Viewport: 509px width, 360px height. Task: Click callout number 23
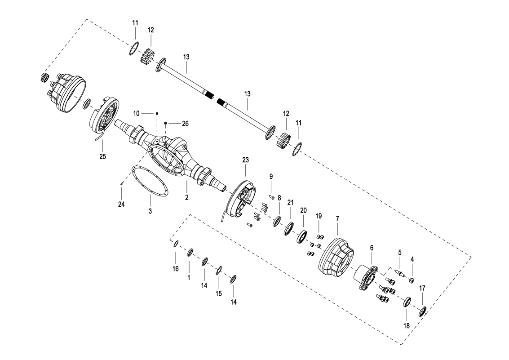coord(245,160)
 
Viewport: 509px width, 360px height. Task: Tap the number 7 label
coord(337,218)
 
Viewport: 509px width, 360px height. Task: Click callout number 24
coord(121,204)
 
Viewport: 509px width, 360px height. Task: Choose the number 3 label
coord(150,211)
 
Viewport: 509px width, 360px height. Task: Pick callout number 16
coord(176,269)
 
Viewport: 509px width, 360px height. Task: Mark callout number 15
coord(219,293)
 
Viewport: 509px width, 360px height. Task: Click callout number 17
coord(422,288)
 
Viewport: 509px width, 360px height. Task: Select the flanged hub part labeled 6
coord(366,279)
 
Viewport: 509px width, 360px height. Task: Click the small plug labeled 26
coord(166,123)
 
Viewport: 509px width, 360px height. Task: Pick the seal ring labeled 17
coord(423,311)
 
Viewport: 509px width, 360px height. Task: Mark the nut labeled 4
coord(412,281)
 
